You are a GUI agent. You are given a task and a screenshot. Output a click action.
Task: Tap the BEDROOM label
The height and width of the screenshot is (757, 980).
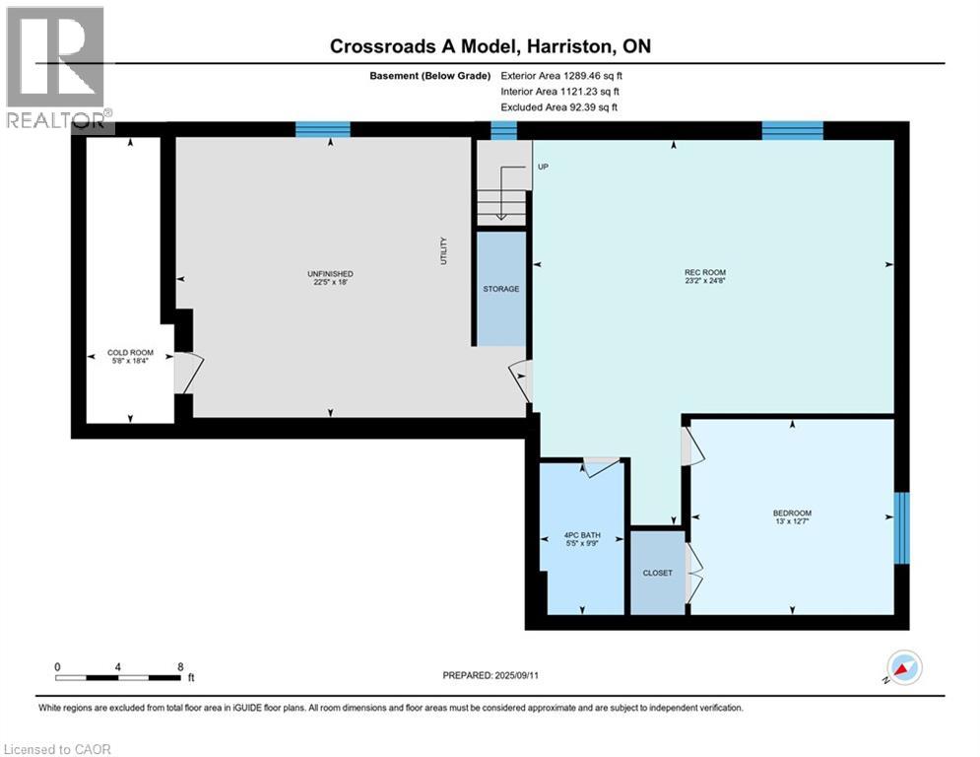coord(792,514)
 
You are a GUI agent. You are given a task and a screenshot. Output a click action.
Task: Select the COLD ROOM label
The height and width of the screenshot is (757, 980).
coord(130,352)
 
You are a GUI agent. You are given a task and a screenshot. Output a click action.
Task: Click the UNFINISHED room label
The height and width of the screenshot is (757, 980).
coord(330,274)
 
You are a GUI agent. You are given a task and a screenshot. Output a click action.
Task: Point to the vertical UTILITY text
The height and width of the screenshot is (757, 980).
coord(445,250)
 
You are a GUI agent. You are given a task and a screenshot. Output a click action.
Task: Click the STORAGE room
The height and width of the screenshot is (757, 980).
coord(500,289)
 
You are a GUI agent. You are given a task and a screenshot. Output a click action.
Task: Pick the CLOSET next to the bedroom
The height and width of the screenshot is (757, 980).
coord(657,573)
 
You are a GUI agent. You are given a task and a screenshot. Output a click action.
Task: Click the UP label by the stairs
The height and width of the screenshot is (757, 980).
coord(543,167)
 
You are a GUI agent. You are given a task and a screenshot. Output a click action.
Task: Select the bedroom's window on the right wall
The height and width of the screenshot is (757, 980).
coord(900,528)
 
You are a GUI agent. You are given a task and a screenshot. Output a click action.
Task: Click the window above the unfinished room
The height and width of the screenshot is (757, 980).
coord(323,128)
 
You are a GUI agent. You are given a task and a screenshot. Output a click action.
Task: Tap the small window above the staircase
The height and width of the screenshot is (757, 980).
coord(503,129)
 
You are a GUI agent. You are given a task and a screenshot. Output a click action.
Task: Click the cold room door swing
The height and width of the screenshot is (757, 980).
coord(189,373)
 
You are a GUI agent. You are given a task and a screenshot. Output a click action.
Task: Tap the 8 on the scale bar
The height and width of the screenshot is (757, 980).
coord(180,666)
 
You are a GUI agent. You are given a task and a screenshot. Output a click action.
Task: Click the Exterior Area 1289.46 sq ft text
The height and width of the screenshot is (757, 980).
coord(561,74)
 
